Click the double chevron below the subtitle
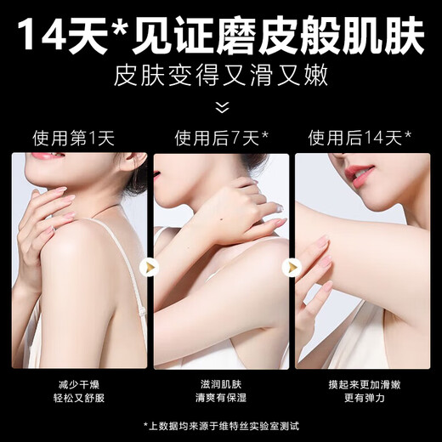click(221, 107)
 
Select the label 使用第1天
click(73, 137)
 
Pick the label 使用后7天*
click(221, 137)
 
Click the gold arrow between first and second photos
click(150, 267)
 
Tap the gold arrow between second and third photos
click(292, 267)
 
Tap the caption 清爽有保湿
click(221, 398)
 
